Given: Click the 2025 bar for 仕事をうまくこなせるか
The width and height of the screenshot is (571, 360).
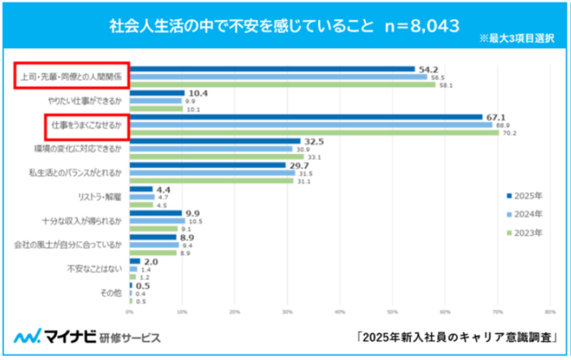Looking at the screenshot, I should pyautogui.click(x=305, y=117).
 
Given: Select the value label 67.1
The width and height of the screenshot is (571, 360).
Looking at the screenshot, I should pyautogui.click(x=495, y=117).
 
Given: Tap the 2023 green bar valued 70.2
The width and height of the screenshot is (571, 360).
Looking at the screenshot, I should pyautogui.click(x=314, y=132).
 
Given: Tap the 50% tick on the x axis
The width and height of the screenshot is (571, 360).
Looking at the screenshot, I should pyautogui.click(x=393, y=312).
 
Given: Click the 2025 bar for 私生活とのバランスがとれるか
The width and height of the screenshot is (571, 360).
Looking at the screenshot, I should pyautogui.click(x=207, y=165).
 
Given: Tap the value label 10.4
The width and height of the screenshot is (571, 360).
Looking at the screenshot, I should pyautogui.click(x=196, y=93).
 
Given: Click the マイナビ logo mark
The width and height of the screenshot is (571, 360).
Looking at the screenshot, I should pyautogui.click(x=28, y=337).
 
